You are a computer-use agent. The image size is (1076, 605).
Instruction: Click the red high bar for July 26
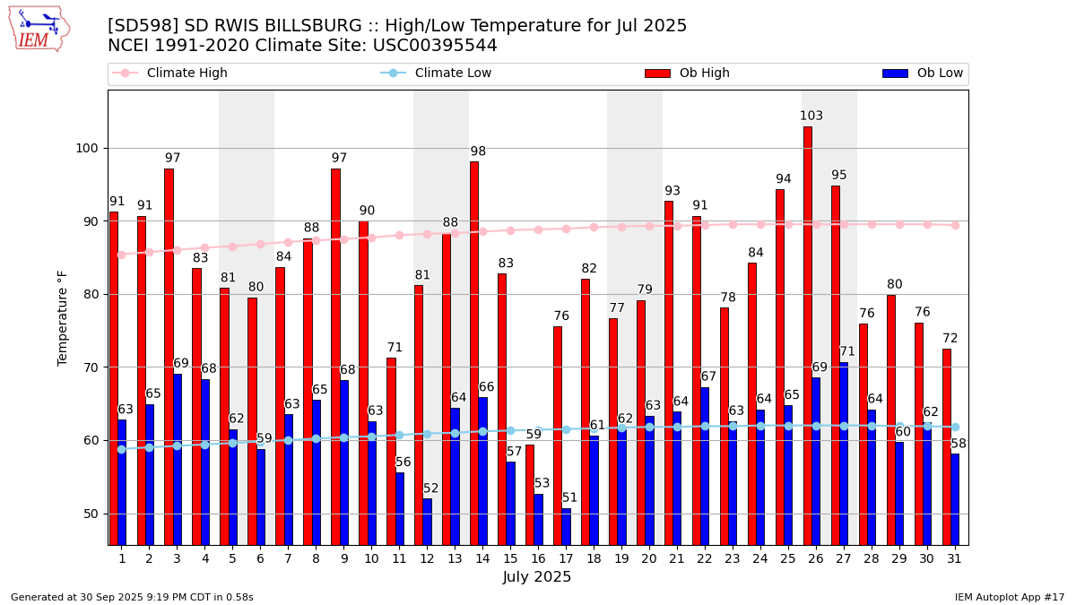808,335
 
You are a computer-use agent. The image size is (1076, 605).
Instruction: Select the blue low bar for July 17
566,526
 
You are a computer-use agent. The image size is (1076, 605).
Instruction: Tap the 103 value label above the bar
811,117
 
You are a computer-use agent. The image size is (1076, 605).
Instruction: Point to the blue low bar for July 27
844,454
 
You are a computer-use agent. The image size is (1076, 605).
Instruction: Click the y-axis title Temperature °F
63,317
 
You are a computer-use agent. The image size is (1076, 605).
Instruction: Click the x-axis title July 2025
537,577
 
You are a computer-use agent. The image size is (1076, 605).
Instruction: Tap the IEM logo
39,29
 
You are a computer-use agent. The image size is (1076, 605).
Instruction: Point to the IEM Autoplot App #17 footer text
1009,597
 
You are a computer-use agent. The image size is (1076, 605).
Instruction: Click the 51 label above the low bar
570,498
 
